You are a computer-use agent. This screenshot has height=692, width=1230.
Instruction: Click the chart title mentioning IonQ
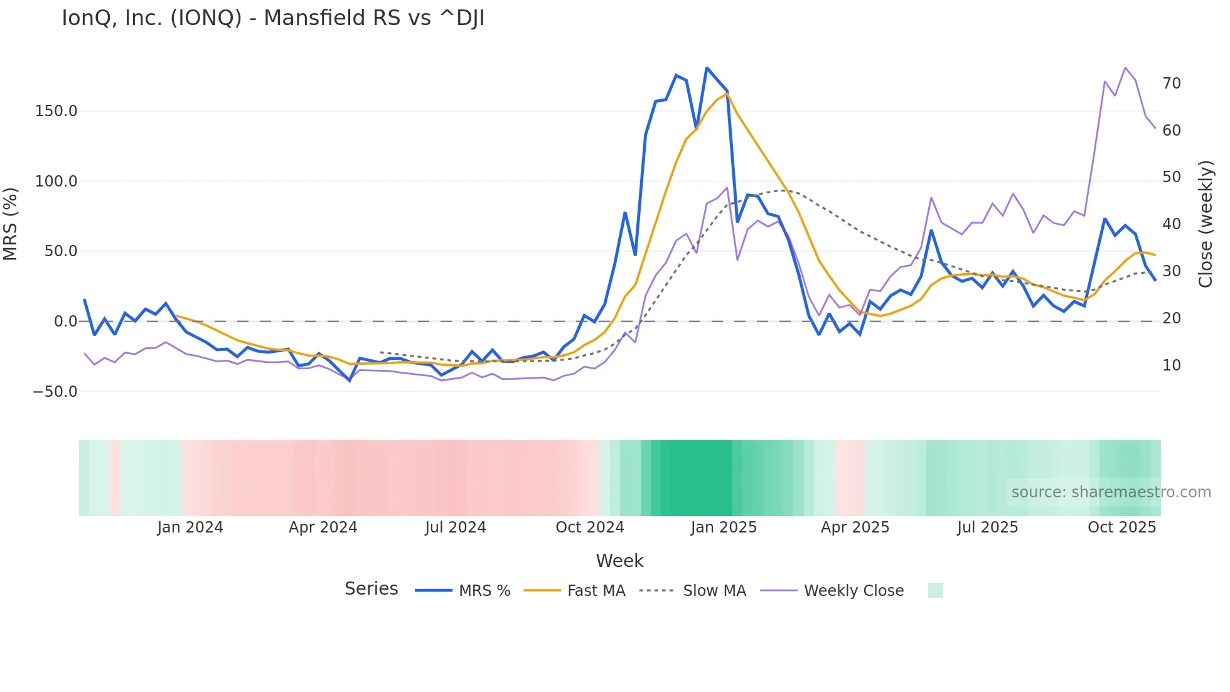[273, 18]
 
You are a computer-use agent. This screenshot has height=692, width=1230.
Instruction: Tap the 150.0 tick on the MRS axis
[56, 111]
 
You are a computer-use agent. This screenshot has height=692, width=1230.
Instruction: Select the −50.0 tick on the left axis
[55, 392]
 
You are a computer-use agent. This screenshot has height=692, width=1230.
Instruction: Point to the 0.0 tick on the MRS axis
[65, 322]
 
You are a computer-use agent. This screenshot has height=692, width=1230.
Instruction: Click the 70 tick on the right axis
[1172, 84]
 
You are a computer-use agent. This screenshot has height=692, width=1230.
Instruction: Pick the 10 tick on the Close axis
[1172, 365]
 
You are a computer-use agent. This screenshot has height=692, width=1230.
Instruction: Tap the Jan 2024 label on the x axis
[190, 527]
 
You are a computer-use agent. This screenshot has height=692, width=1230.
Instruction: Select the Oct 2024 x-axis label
[590, 527]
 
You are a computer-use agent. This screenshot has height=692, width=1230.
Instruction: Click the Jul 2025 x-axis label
[988, 527]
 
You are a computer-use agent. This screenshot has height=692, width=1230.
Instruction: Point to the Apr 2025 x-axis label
[855, 527]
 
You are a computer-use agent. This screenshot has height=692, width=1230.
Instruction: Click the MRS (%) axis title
[11, 224]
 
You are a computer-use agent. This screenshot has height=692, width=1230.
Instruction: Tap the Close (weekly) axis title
[1206, 224]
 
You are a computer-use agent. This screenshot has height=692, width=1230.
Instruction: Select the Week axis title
[619, 561]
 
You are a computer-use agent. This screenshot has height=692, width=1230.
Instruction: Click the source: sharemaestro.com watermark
[1111, 492]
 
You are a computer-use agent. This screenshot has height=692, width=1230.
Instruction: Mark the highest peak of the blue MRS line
[707, 68]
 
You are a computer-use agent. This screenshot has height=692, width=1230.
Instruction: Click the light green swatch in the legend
[935, 590]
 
